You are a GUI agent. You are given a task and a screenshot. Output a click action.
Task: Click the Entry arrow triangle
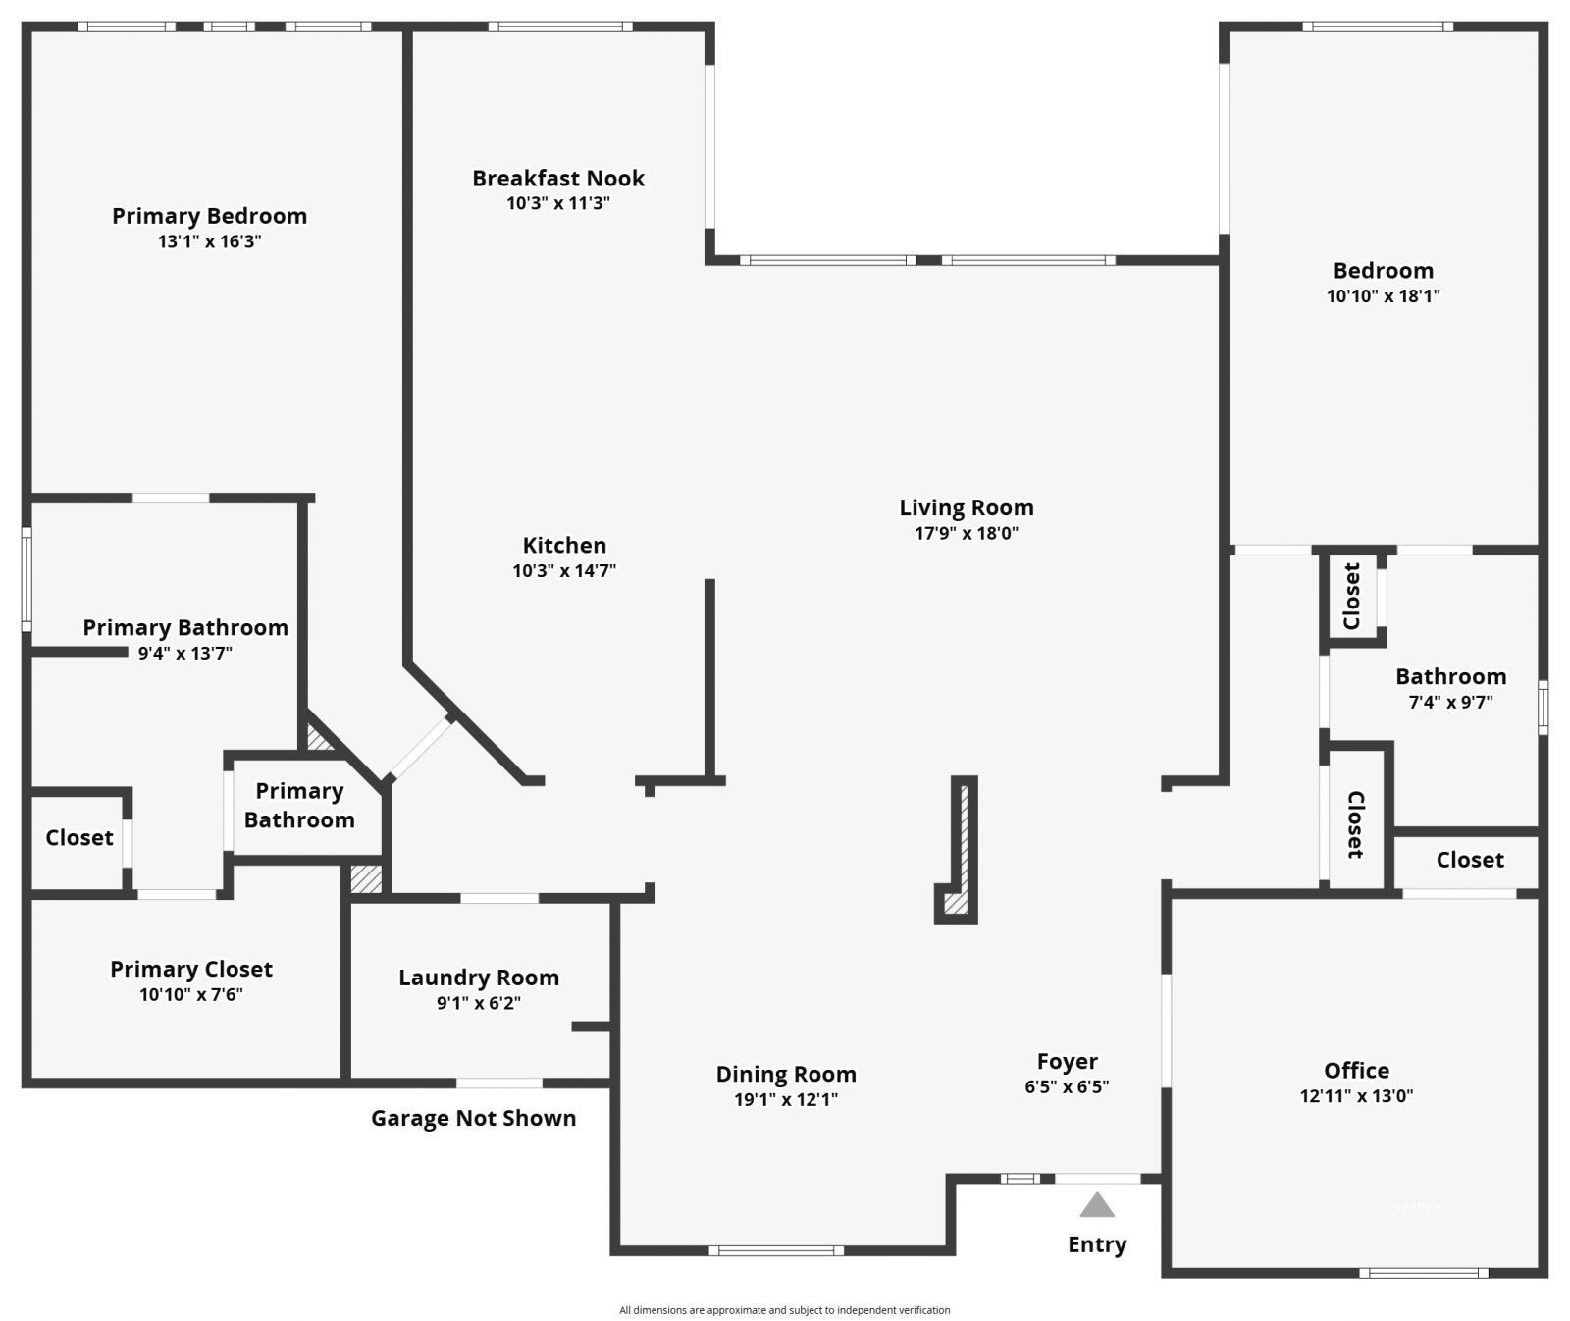pyautogui.click(x=1097, y=1205)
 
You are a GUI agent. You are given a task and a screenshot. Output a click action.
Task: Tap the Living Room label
pyautogui.click(x=967, y=507)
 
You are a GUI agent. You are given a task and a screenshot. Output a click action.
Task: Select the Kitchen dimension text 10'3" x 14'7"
pyautogui.click(x=564, y=570)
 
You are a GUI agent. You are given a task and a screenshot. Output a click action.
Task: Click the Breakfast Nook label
pyautogui.click(x=558, y=179)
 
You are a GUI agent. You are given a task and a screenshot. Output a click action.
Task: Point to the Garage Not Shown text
pyautogui.click(x=473, y=1118)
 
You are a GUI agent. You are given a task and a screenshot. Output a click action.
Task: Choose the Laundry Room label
pyautogui.click(x=479, y=978)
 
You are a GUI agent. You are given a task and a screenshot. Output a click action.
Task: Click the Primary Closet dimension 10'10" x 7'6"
pyautogui.click(x=191, y=994)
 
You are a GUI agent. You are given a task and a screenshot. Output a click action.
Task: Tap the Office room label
pyautogui.click(x=1356, y=1071)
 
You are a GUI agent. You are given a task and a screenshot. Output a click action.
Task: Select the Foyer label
pyautogui.click(x=1068, y=1062)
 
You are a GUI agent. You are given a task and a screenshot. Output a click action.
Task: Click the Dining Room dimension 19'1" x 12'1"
pyautogui.click(x=786, y=1099)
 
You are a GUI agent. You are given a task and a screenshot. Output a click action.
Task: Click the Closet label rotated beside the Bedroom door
pyautogui.click(x=1352, y=596)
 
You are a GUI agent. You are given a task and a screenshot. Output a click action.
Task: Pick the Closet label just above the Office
pyautogui.click(x=1469, y=860)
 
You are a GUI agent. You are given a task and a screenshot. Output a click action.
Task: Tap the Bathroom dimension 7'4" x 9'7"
pyautogui.click(x=1450, y=702)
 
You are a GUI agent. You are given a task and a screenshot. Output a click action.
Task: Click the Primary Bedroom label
pyautogui.click(x=209, y=216)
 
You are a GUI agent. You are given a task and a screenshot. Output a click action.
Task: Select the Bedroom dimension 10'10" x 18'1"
pyautogui.click(x=1383, y=295)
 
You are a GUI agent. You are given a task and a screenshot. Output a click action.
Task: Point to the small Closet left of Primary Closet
pyautogui.click(x=78, y=838)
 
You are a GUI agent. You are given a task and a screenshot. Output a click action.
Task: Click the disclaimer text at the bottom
pyautogui.click(x=784, y=1310)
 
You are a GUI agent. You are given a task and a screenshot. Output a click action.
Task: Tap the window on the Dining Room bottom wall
pyautogui.click(x=776, y=1250)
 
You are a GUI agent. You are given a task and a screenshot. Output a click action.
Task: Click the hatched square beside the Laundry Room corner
pyautogui.click(x=366, y=878)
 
